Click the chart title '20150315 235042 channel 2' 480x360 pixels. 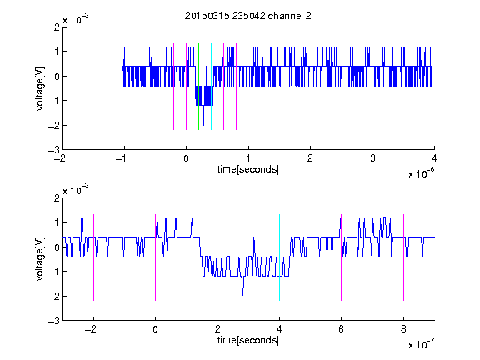click(248, 16)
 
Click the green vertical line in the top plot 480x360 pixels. click(198, 87)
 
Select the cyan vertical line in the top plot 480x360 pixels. click(211, 87)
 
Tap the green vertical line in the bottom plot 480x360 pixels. click(217, 257)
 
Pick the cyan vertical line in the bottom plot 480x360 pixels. click(279, 257)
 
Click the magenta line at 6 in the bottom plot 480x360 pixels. click(342, 257)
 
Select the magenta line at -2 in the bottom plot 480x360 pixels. click(93, 257)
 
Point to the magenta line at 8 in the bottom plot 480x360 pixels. click(404, 257)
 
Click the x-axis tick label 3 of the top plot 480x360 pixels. click(372, 158)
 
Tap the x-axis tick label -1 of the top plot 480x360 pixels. click(122, 158)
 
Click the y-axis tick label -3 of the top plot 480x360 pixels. click(54, 150)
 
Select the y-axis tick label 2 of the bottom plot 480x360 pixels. click(57, 198)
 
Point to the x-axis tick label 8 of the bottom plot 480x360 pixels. click(404, 329)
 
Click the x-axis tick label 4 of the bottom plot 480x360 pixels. click(279, 329)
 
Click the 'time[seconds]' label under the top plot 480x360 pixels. click(248, 169)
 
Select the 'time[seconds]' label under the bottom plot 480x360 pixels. click(248, 340)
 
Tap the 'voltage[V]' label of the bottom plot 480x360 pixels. click(40, 259)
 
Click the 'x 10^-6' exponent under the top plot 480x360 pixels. click(422, 173)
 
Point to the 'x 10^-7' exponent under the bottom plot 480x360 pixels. click(422, 344)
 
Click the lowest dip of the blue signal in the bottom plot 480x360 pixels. click(243, 295)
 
